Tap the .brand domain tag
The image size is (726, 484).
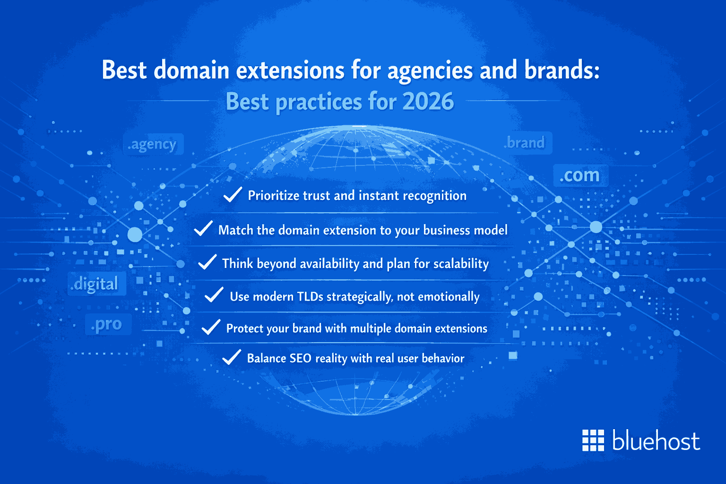(526, 143)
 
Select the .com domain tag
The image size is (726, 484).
(580, 175)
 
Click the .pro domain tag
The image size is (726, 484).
(108, 324)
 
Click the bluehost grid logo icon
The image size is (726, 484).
(593, 441)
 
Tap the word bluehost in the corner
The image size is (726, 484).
(656, 441)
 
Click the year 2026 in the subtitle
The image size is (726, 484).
(428, 102)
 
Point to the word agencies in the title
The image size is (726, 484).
(430, 70)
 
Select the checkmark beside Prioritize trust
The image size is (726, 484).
(233, 194)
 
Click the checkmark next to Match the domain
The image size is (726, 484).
(203, 229)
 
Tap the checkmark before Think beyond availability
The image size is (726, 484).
(207, 262)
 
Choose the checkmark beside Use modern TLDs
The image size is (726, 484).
(214, 295)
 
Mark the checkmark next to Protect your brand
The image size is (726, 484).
(211, 327)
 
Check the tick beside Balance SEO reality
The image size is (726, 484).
(232, 357)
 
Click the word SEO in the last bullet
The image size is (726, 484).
(300, 358)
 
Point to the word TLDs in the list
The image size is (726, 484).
(310, 296)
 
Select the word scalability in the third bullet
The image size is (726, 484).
(461, 263)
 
